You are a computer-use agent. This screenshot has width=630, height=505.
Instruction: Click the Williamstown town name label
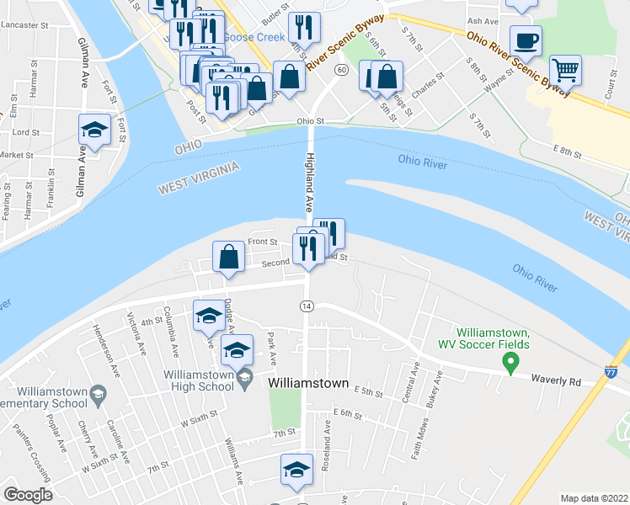308,382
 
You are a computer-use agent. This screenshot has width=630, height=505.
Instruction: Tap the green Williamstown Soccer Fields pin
510,363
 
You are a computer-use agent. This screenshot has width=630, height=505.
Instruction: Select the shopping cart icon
565,71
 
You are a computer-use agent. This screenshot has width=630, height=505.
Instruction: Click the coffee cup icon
526,40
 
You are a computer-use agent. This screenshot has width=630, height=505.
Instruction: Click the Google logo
28,495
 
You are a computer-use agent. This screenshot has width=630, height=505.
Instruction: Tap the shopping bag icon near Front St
229,257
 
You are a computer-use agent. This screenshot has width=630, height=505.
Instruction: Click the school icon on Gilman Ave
94,130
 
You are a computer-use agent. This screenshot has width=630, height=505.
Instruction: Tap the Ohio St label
310,121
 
